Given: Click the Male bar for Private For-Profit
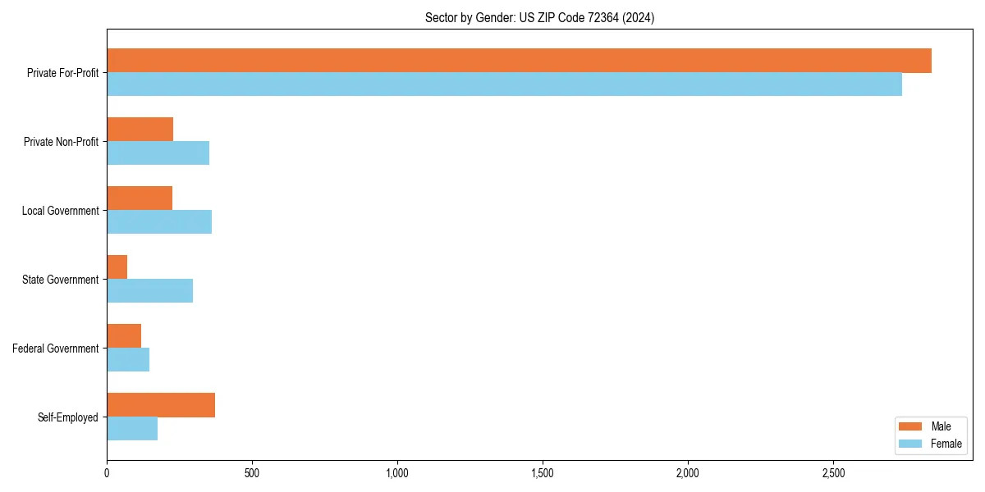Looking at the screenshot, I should (x=519, y=61).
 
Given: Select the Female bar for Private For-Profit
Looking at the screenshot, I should (x=504, y=84).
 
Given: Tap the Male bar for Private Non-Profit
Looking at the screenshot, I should (x=140, y=130).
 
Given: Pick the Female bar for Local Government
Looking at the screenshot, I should (x=159, y=222).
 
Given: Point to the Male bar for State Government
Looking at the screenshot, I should (x=117, y=267).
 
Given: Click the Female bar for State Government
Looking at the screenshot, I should (x=149, y=291).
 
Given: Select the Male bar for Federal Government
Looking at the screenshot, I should (x=124, y=336).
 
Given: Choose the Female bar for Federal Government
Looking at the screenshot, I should (x=128, y=360).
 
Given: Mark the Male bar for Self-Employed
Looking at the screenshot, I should (x=161, y=405).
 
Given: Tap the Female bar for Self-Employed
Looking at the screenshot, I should (x=132, y=429).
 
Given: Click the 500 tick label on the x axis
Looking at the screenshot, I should (x=252, y=474).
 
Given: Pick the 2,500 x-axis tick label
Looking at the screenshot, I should (x=833, y=474).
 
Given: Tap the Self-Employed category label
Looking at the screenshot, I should (x=68, y=417).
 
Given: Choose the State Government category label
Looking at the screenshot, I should (x=61, y=280).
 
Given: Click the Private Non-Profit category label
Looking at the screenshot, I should (x=61, y=142).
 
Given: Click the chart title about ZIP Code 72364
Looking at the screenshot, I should (x=539, y=17).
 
